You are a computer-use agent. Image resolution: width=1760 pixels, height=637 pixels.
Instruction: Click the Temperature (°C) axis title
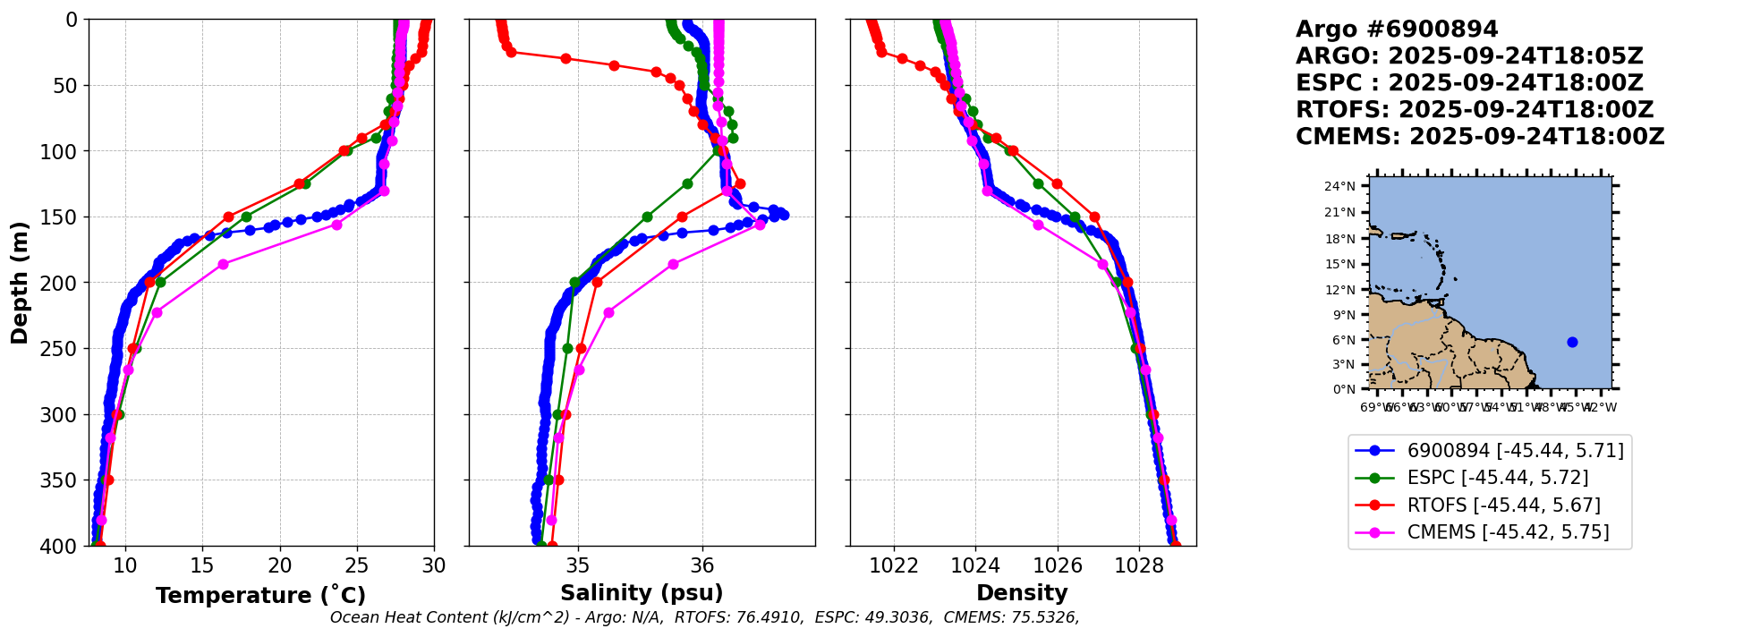pyautogui.click(x=260, y=596)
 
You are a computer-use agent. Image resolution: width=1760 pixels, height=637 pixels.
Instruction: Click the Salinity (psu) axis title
pyautogui.click(x=642, y=593)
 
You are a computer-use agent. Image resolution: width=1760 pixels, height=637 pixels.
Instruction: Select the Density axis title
pyautogui.click(x=1022, y=593)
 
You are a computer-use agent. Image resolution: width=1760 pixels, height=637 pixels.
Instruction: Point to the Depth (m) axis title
pyautogui.click(x=20, y=283)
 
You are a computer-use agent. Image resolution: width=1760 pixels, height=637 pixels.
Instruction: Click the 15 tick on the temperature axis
pyautogui.click(x=202, y=565)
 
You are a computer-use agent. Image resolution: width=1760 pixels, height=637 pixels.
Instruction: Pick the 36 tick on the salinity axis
pyautogui.click(x=702, y=565)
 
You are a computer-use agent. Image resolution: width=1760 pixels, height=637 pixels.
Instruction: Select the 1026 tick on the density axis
pyautogui.click(x=1058, y=565)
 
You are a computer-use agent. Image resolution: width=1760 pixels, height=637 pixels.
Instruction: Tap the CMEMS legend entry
pyautogui.click(x=1508, y=532)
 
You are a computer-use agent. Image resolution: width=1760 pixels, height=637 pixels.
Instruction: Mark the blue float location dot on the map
pyautogui.click(x=1572, y=342)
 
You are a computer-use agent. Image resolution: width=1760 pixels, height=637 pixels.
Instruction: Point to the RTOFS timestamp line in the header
pyautogui.click(x=1475, y=110)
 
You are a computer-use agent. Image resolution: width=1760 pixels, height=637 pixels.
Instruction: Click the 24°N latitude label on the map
pyautogui.click(x=1339, y=186)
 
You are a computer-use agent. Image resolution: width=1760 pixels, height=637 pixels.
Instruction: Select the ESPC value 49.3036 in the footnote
pyautogui.click(x=897, y=617)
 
